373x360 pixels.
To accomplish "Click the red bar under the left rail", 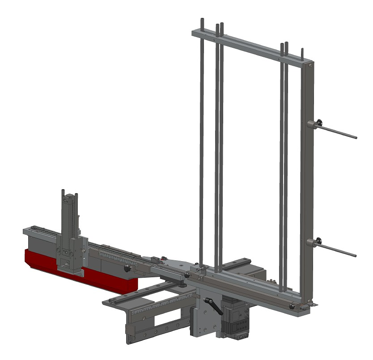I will tap(81, 271).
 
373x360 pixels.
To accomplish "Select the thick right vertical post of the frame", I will tap(307, 179).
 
